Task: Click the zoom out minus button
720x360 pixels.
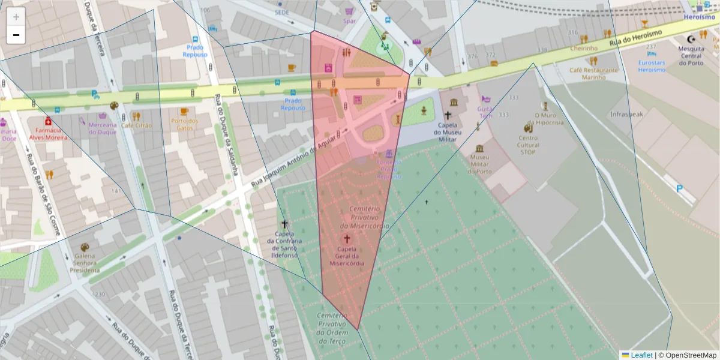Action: tap(16, 35)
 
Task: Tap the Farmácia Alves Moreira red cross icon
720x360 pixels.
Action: tap(48, 121)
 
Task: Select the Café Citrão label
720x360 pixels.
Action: tap(136, 125)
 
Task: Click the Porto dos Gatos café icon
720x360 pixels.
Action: tap(184, 112)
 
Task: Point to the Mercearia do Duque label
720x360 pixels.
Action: tap(102, 128)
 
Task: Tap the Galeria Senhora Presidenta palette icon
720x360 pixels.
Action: tap(84, 247)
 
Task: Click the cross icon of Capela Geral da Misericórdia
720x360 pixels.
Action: tap(347, 239)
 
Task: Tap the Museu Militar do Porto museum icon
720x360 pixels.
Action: tap(479, 148)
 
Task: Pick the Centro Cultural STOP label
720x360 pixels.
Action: tap(528, 145)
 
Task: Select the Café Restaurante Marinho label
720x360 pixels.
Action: tap(593, 73)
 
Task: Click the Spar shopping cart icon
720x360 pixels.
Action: tap(349, 11)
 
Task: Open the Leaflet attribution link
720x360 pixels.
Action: tap(641, 355)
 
